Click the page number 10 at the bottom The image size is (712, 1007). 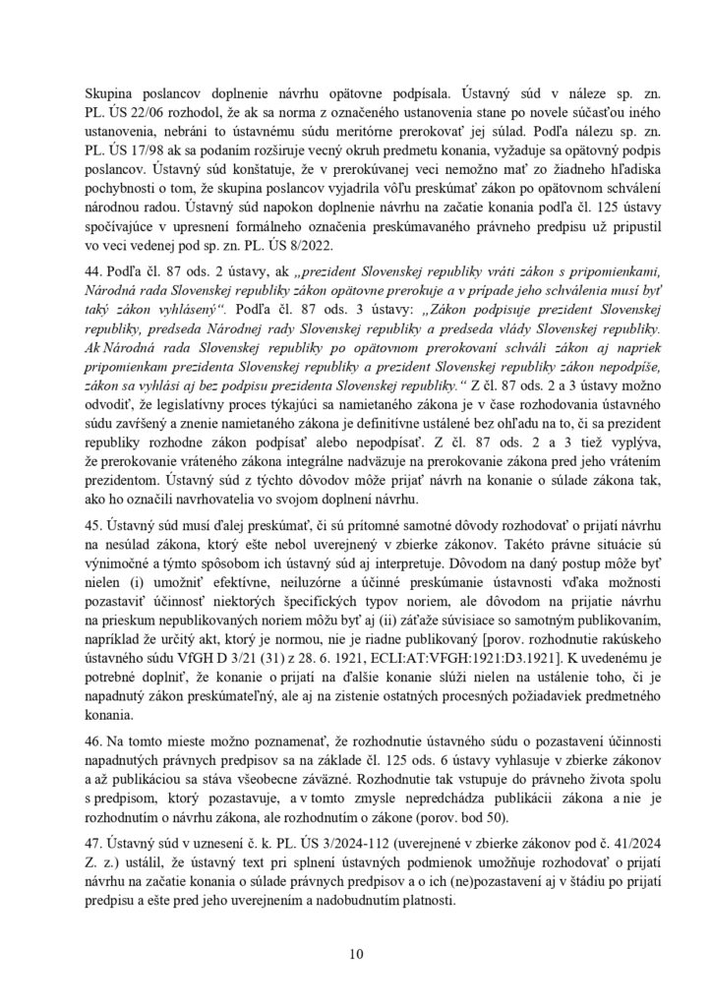(x=356, y=952)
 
